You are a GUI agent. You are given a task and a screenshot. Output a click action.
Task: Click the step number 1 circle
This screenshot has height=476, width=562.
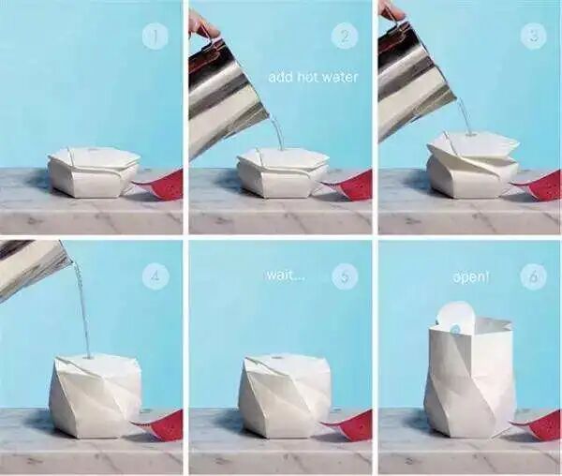(155, 37)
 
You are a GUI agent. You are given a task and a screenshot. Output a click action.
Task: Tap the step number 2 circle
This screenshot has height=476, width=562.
(345, 37)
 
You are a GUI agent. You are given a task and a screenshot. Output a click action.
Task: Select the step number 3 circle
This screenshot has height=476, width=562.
(534, 37)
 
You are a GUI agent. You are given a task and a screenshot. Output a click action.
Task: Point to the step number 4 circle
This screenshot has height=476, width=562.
(155, 276)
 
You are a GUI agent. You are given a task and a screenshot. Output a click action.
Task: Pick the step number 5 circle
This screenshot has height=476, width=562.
(345, 276)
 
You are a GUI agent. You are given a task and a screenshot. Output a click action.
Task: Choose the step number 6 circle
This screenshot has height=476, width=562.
(533, 276)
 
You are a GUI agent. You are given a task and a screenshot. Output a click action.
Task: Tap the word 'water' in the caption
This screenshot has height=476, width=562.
(340, 77)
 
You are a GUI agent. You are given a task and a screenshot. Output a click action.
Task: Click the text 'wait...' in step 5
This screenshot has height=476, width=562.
(285, 276)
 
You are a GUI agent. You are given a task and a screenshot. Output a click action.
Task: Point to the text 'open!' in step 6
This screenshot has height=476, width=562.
(470, 277)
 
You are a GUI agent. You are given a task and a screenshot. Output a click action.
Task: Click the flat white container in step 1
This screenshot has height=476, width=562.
(95, 172)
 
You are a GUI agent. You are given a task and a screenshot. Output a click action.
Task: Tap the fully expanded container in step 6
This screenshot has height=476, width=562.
(470, 376)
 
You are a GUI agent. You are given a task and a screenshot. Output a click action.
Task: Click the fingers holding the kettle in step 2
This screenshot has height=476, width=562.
(203, 25)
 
